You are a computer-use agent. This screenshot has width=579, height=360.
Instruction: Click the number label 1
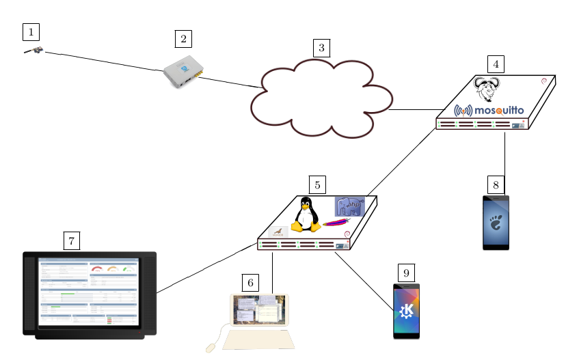pos(31,31)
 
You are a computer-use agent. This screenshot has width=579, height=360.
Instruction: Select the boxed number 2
pos(183,39)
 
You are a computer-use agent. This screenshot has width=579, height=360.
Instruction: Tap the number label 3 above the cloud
pos(321,48)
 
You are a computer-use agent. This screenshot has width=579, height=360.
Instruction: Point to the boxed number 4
pos(496,64)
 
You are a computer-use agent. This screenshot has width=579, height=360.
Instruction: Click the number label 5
pos(317,184)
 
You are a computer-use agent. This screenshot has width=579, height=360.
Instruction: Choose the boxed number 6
pos(251,282)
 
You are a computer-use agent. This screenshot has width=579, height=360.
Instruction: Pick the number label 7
pos(72,240)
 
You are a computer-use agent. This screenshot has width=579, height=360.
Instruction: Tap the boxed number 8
pos(496,184)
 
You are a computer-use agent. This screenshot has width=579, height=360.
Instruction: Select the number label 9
pos(406,273)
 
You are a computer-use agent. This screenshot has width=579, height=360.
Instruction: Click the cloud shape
pos(320,100)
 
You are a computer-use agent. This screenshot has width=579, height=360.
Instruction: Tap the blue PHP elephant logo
pos(349,207)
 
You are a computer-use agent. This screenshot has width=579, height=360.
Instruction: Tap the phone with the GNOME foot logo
pos(496,223)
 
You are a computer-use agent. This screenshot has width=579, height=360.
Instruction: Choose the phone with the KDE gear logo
pos(406,311)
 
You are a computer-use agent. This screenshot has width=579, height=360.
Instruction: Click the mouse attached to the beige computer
pos(211,348)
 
